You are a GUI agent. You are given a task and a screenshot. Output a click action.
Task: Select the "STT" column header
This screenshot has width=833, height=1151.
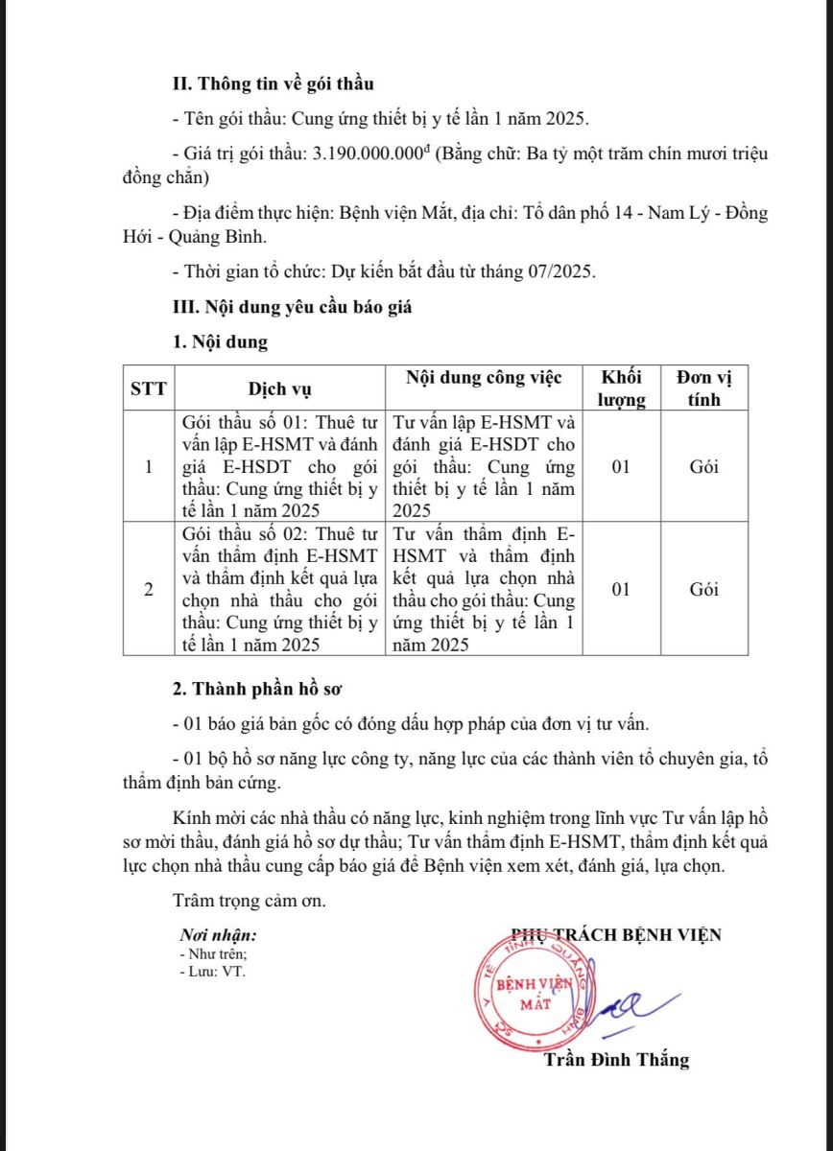(149, 389)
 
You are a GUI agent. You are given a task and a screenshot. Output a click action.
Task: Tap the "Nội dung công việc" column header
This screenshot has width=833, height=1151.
(484, 377)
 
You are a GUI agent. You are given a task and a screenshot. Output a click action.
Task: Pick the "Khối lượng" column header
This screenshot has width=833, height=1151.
(622, 388)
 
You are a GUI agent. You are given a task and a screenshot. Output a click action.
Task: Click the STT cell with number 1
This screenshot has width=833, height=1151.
(149, 468)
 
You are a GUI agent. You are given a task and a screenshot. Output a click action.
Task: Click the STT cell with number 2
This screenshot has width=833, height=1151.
(149, 590)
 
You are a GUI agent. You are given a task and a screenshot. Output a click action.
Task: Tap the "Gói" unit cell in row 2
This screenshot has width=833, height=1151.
(703, 590)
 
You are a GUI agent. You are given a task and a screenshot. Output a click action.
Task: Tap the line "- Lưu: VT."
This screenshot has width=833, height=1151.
(213, 972)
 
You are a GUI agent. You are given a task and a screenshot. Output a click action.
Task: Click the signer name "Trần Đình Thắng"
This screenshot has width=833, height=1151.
(616, 1060)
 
